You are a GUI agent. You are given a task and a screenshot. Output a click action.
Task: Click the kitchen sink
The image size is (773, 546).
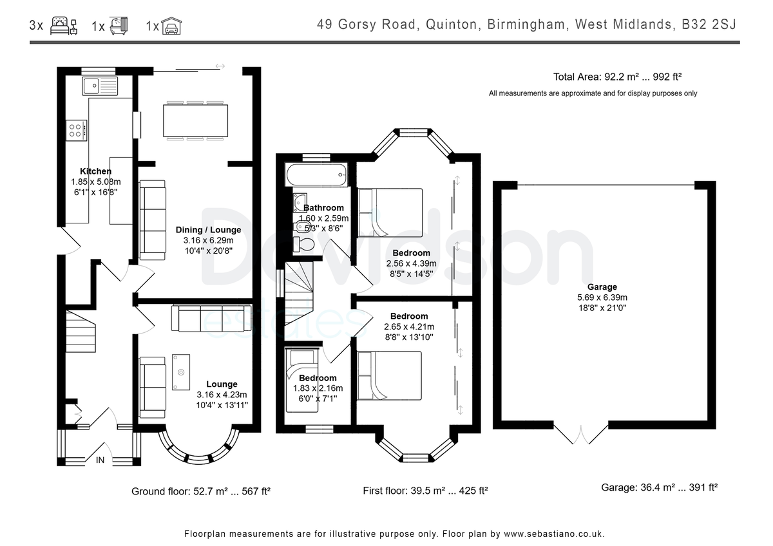click(x=100, y=86)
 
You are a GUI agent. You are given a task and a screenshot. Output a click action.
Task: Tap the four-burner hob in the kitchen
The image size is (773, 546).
click(x=76, y=130)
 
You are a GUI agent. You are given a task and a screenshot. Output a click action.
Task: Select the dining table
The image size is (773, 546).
click(x=195, y=120)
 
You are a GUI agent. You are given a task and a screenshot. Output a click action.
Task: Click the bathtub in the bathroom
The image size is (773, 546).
click(x=316, y=175)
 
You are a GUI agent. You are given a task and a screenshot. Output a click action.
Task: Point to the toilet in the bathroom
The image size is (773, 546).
click(x=303, y=244)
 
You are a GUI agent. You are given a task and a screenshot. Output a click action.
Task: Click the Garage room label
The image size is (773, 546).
click(x=602, y=287)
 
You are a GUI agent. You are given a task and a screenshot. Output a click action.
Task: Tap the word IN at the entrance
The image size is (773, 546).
click(x=100, y=460)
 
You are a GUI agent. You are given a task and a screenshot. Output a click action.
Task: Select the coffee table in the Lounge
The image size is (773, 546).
click(x=181, y=372)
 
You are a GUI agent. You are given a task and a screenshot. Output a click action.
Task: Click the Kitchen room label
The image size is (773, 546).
click(x=95, y=171)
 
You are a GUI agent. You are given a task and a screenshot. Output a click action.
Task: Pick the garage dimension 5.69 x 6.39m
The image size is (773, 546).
click(x=602, y=297)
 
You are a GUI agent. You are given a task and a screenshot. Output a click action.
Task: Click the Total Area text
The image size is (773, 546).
click(x=617, y=77)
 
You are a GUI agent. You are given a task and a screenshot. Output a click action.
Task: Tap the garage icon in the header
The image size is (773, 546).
click(x=171, y=26)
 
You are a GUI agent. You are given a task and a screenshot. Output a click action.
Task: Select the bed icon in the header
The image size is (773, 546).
click(x=64, y=26)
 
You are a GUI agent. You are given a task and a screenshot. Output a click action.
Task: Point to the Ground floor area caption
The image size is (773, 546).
click(x=201, y=491)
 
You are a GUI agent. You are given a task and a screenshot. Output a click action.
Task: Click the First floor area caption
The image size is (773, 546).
click(x=425, y=491)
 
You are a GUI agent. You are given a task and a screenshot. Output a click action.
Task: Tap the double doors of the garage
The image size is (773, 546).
click(x=581, y=434)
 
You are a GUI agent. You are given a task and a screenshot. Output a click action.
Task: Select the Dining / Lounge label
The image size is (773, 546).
click(x=209, y=230)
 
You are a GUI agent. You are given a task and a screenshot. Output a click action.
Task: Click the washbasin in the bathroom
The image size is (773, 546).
click(x=300, y=202)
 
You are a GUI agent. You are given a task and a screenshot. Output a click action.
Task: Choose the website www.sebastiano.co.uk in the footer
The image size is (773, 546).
click(x=553, y=534)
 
